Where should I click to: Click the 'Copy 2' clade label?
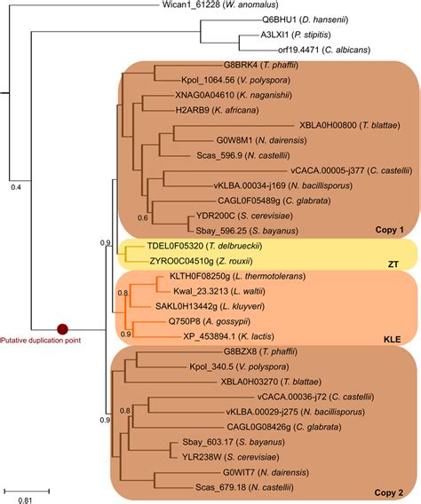point(386,491)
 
